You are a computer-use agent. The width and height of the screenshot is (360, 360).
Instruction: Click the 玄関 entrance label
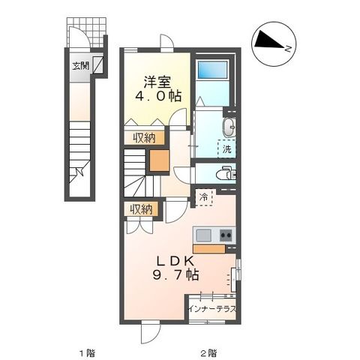click(x=80, y=66)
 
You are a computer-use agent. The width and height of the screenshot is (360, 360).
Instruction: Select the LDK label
click(x=177, y=261)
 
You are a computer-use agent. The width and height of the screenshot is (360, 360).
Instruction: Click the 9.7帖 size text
click(x=177, y=276)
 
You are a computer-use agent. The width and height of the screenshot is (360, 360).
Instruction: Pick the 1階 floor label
click(x=86, y=352)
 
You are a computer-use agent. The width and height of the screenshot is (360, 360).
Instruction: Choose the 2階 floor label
click(x=208, y=352)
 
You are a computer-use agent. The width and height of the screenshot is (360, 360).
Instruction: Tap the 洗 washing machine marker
click(x=226, y=148)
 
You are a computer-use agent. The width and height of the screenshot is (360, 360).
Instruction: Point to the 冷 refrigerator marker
click(x=204, y=196)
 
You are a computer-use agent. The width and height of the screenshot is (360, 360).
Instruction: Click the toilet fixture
click(x=227, y=174)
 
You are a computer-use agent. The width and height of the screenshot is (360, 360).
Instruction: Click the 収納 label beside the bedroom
click(x=144, y=137)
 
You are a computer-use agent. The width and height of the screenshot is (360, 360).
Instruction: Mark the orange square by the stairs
click(x=159, y=160)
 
